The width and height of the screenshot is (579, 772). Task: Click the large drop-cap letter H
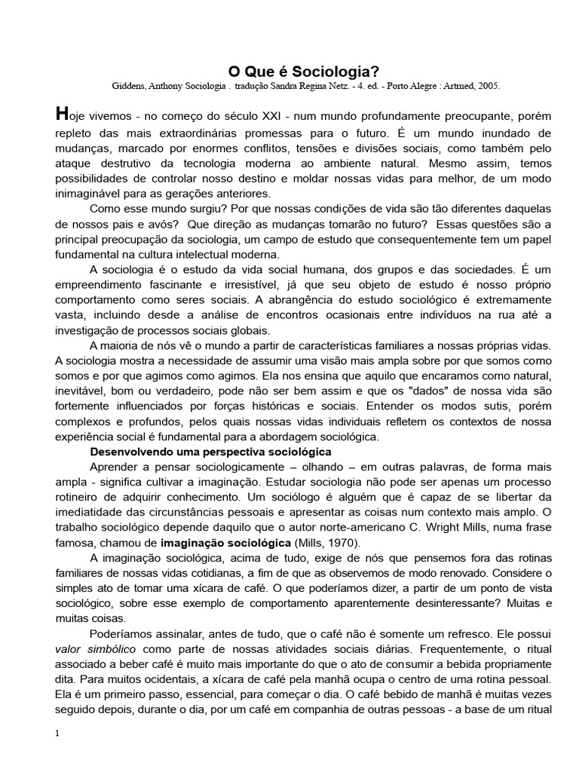click(63, 115)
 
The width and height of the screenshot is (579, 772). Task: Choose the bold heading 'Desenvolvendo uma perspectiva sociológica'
click(210, 452)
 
